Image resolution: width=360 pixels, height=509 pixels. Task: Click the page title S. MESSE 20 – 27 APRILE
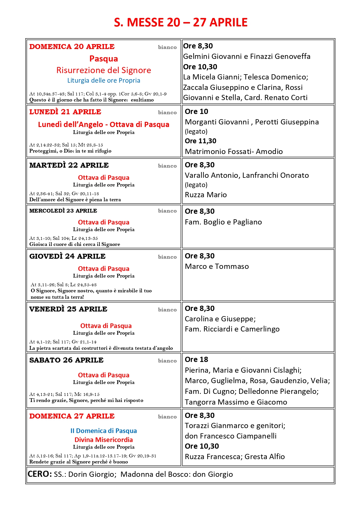(180, 23)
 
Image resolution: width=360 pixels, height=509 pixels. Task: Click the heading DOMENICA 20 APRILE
(72, 47)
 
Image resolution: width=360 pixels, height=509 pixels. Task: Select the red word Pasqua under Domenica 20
(104, 59)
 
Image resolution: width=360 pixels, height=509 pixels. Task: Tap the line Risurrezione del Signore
(104, 70)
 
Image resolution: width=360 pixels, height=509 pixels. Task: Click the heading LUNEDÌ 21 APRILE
(65, 112)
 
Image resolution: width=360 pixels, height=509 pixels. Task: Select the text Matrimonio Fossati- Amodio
(234, 151)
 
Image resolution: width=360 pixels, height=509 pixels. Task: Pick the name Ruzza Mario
(206, 195)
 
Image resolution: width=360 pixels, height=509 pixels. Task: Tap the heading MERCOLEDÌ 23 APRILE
(63, 211)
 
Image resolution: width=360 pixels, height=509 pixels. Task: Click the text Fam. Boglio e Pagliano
(223, 222)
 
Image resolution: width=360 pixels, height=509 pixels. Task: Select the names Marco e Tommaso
(217, 266)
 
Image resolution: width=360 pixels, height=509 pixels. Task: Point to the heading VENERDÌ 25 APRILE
(68, 309)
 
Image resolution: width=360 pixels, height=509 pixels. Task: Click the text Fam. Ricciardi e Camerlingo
(232, 329)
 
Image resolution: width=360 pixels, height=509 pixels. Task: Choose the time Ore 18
(197, 360)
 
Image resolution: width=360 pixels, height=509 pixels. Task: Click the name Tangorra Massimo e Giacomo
(236, 402)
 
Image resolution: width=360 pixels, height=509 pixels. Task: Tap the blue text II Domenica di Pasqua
(104, 431)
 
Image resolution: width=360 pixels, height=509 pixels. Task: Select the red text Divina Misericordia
(104, 440)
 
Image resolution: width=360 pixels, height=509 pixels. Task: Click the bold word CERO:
(40, 474)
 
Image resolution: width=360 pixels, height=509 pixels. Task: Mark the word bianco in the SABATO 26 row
(167, 361)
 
